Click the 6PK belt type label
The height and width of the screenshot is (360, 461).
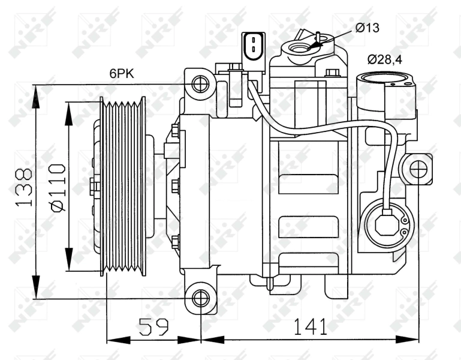click(x=121, y=74)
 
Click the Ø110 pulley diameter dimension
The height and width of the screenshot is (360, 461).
click(x=58, y=187)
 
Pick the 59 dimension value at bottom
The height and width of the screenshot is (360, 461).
click(x=153, y=327)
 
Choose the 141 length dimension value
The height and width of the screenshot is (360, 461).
click(x=310, y=327)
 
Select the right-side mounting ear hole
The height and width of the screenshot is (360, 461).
click(x=418, y=170)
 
